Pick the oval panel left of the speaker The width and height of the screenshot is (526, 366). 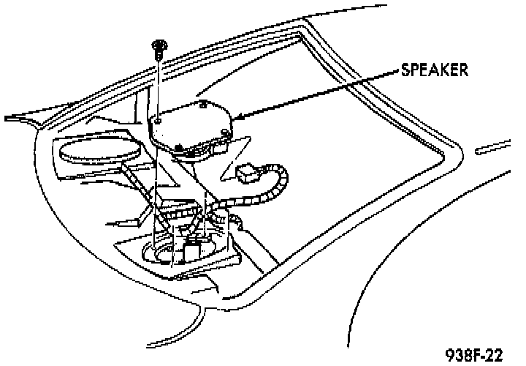99,152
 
